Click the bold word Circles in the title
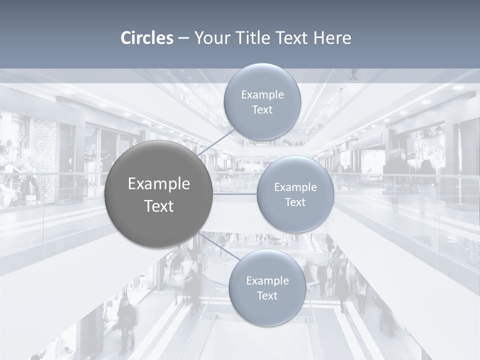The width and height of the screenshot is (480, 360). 147,38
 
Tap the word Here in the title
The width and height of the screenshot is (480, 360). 332,38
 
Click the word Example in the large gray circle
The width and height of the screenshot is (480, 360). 159,184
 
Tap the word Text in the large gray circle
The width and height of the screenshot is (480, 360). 159,206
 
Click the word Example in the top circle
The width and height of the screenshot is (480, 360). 262,95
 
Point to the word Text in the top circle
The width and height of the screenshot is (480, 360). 262,110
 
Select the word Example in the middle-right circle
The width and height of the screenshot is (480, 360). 295,187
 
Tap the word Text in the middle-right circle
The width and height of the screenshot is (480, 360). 295,202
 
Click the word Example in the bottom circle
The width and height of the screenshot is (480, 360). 267,281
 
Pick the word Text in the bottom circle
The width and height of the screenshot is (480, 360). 267,296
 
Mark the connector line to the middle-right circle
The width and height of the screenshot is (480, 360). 235,194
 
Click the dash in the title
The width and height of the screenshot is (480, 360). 183,38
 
